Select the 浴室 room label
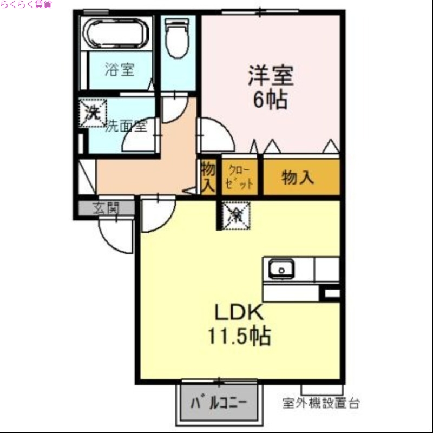click(x=120, y=69)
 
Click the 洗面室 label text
click(x=126, y=127)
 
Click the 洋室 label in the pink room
click(x=271, y=76)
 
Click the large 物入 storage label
click(x=298, y=177)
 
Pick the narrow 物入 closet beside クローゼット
click(x=208, y=177)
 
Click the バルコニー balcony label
click(x=219, y=403)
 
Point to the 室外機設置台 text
click(x=321, y=403)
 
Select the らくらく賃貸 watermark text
click(x=26, y=4)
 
